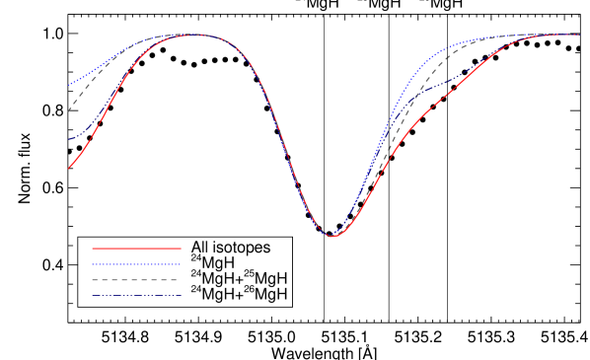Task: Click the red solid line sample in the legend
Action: (x=136, y=249)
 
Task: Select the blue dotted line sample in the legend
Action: (x=136, y=264)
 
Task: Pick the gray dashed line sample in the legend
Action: (x=136, y=280)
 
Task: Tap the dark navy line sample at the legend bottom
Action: (x=136, y=296)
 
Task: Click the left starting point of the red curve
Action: (x=68, y=169)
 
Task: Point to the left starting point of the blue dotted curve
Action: (x=68, y=86)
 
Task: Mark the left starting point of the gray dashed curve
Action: (x=68, y=111)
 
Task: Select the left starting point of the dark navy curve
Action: (x=68, y=139)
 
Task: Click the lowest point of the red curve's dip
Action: (x=332, y=237)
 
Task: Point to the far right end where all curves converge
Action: (x=578, y=35)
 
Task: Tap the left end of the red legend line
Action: (x=93, y=249)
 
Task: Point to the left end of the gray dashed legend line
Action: (x=93, y=280)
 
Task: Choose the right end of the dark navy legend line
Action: (x=181, y=296)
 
